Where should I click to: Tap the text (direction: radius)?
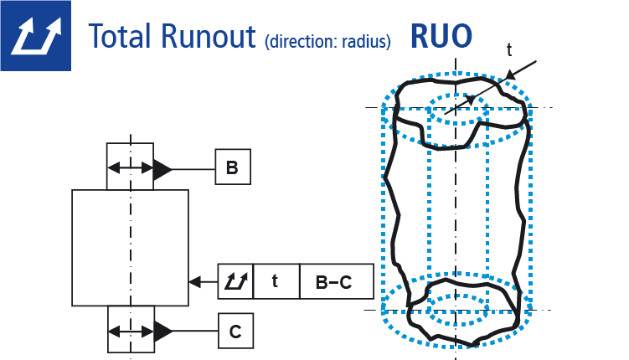point(327,41)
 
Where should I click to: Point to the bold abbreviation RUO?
point(441,35)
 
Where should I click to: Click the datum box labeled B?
point(231,168)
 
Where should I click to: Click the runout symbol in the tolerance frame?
point(235,282)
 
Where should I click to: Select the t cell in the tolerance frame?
point(275,282)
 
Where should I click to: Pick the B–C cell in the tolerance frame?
point(333,282)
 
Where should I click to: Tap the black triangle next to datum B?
point(162,169)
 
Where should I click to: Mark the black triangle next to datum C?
point(162,332)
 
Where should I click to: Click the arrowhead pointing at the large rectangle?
point(195,282)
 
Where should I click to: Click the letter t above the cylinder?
point(510,50)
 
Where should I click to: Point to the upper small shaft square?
point(130,166)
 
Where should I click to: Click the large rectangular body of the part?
point(130,247)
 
